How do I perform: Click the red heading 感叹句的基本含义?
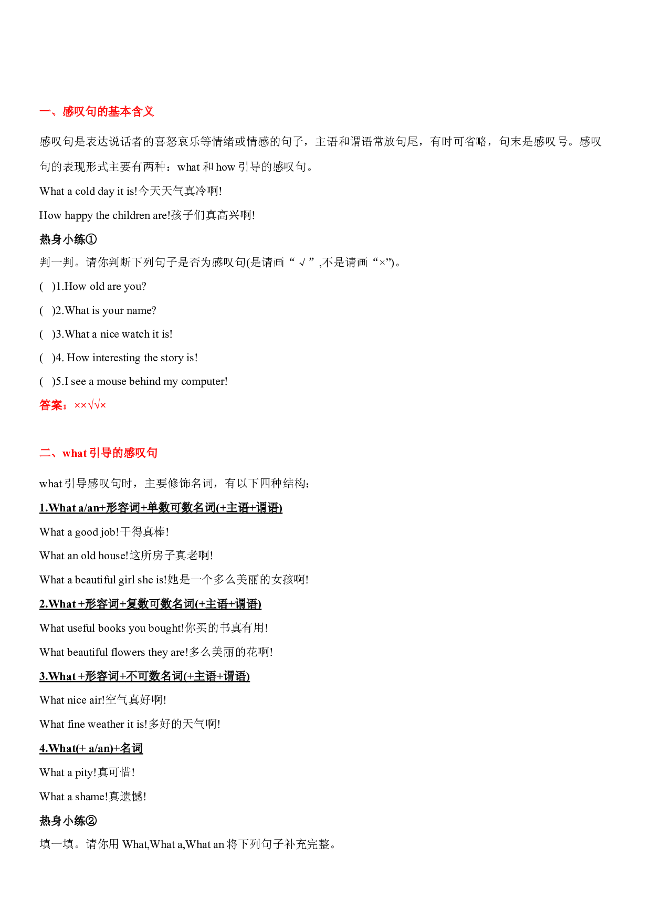(108, 111)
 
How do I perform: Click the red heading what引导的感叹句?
(110, 453)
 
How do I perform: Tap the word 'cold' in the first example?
(85, 191)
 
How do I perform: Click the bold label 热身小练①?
(68, 239)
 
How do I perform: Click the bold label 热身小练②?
(68, 821)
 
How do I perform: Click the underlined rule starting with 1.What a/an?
(161, 508)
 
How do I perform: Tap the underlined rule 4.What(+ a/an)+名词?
(91, 748)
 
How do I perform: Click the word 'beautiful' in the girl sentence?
(96, 580)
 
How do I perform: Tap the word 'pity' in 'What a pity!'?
(85, 773)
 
